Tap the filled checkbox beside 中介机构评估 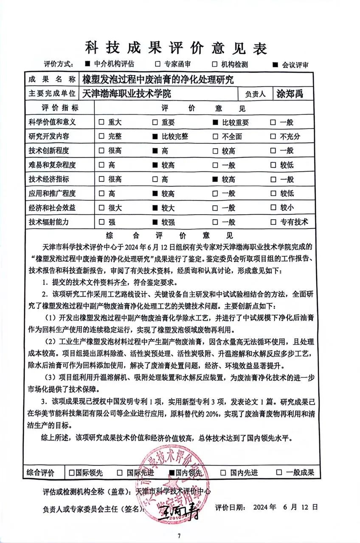click(x=87, y=64)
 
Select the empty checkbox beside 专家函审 click(x=157, y=64)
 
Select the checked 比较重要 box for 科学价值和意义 click(x=215, y=123)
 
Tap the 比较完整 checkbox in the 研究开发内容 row click(x=155, y=137)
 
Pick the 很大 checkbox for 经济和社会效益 click(x=101, y=208)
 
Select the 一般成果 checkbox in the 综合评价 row click(x=279, y=472)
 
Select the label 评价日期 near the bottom click(x=230, y=507)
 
